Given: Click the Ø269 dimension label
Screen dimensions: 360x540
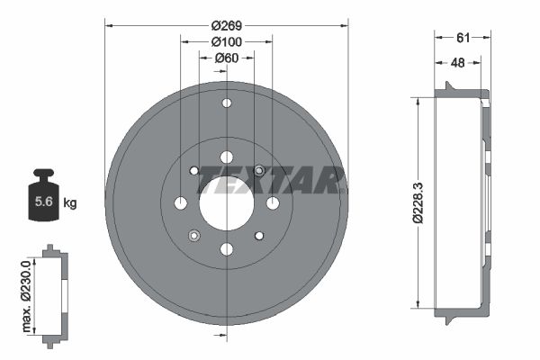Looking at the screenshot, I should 227,26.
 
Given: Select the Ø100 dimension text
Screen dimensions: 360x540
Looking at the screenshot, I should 227,42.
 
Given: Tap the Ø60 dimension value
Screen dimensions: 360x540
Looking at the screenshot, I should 227,58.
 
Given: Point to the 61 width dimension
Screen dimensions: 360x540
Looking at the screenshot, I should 463,37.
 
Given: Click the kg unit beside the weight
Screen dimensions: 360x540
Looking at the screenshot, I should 70,202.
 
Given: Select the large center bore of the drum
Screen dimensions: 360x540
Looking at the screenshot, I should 226,202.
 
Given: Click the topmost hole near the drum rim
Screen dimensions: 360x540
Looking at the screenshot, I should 226,103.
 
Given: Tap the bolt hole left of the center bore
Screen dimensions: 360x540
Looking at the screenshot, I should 181,202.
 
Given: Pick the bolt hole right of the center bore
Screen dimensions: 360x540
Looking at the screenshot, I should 272,202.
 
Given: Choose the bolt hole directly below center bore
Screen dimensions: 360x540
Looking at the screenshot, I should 226,248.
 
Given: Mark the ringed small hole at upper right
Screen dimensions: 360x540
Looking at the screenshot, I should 259,170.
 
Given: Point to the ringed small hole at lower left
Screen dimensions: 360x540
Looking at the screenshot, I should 193,236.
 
